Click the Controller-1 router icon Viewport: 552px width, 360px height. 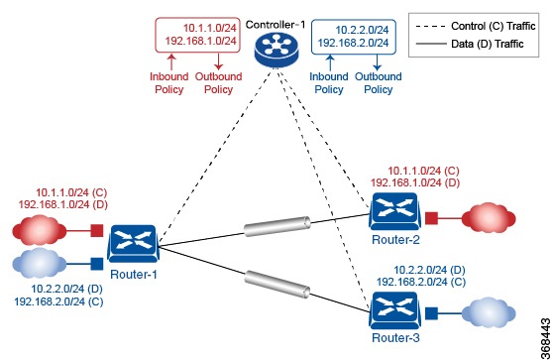click(x=275, y=47)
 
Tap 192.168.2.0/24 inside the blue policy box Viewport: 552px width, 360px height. click(x=349, y=43)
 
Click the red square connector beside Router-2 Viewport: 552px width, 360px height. click(x=432, y=218)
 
